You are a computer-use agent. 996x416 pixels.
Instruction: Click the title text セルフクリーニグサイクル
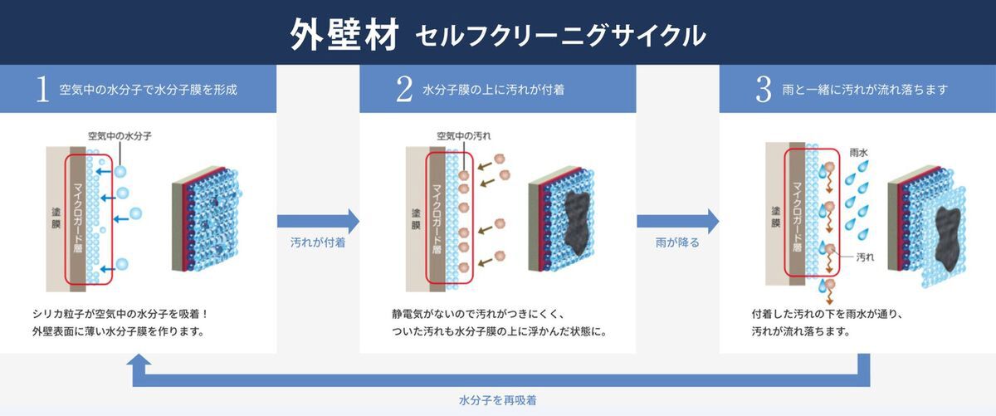tap(561, 36)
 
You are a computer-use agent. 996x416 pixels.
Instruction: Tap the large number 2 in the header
tap(404, 90)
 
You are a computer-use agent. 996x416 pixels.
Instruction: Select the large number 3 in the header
tap(764, 90)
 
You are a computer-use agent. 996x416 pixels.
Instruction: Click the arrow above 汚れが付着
tap(318, 221)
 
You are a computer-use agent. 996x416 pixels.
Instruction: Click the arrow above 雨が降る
tap(677, 221)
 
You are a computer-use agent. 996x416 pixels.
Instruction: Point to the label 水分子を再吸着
tap(497, 400)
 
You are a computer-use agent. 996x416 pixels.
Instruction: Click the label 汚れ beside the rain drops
tap(866, 257)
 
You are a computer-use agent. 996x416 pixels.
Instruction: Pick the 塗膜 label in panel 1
tap(56, 218)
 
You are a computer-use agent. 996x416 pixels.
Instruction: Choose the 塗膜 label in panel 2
tap(414, 218)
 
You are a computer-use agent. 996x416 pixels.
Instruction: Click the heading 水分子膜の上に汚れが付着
tap(493, 90)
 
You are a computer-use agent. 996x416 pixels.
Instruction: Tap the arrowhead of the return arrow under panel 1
tap(139, 362)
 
